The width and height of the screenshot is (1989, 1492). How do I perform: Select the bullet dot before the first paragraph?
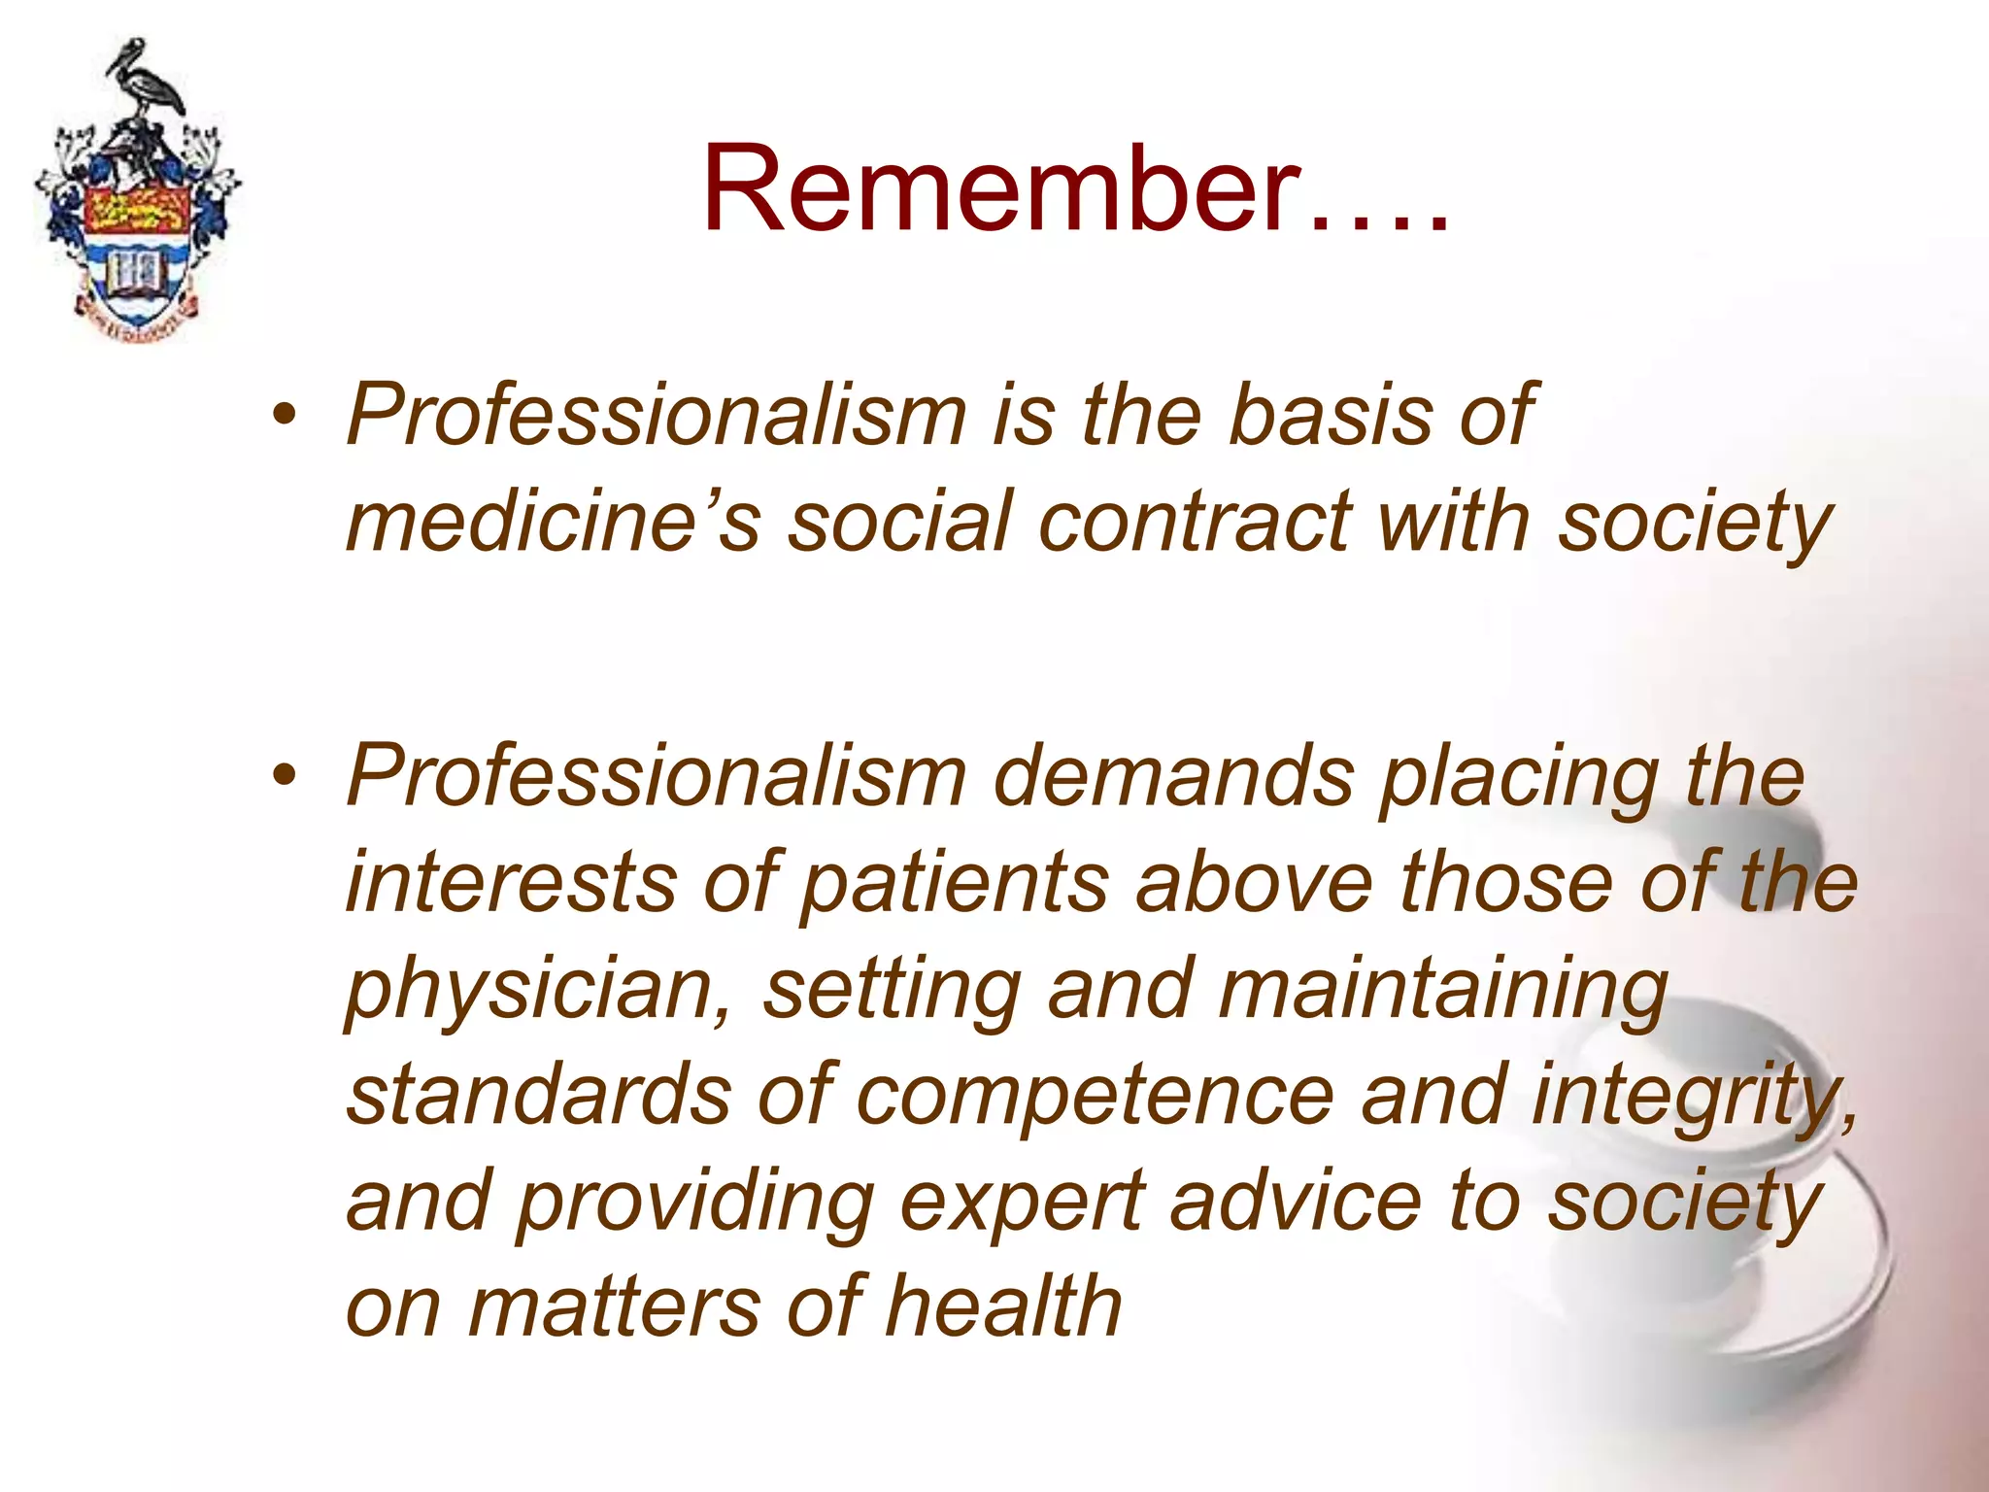[284, 416]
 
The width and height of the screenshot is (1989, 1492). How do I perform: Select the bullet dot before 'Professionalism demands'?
[284, 776]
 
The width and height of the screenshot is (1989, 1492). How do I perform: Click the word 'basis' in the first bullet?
[1330, 416]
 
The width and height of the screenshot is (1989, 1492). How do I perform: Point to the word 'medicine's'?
[553, 522]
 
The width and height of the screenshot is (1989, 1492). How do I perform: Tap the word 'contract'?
[1195, 522]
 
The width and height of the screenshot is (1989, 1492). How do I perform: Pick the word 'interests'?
[511, 882]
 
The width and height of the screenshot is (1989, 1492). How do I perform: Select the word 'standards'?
[539, 1095]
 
